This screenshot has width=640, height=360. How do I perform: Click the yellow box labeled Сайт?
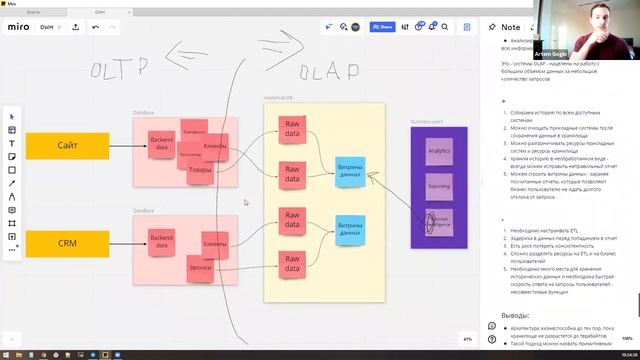pyautogui.click(x=67, y=146)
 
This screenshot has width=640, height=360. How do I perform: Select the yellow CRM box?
pyautogui.click(x=67, y=243)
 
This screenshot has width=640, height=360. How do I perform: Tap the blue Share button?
pyautogui.click(x=382, y=27)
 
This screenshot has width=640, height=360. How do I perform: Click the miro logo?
pyautogui.click(x=19, y=27)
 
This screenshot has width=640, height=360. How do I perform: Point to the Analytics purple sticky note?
pyautogui.click(x=439, y=151)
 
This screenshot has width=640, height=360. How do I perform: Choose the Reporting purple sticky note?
pyautogui.click(x=439, y=186)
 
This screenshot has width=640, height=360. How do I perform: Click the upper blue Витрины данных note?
pyautogui.click(x=350, y=171)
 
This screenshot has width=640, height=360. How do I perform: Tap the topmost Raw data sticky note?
pyautogui.click(x=292, y=128)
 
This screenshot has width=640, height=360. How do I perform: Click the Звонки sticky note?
pyautogui.click(x=199, y=269)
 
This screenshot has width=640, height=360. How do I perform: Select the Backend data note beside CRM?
pyautogui.click(x=162, y=240)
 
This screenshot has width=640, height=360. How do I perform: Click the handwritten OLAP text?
pyautogui.click(x=329, y=71)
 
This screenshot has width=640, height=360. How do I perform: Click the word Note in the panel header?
pyautogui.click(x=510, y=27)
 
